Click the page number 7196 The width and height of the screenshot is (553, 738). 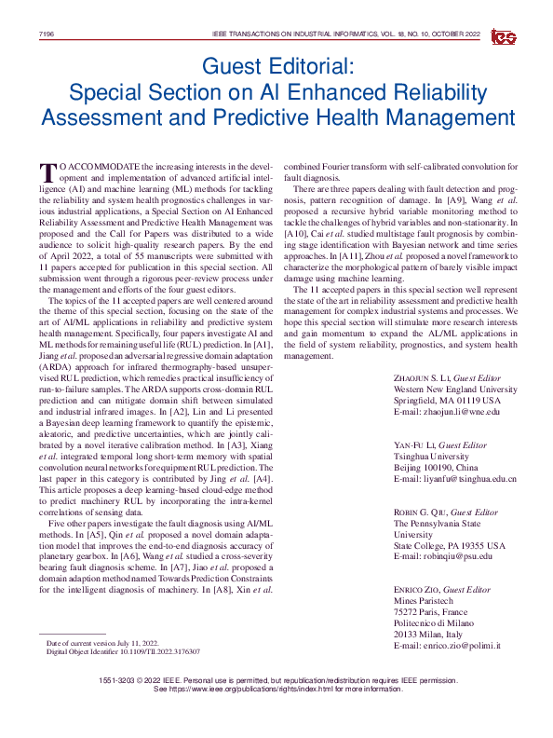click(x=45, y=34)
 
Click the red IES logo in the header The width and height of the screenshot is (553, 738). click(x=504, y=34)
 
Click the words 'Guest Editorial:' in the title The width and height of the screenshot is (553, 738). click(x=276, y=67)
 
